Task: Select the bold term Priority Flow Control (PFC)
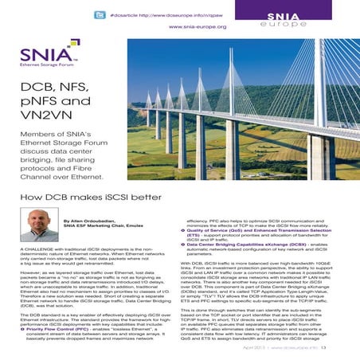[59, 327]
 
